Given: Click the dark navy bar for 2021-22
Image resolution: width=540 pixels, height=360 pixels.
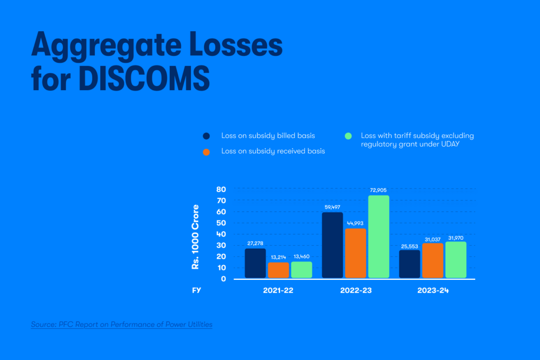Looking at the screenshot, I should [255, 263].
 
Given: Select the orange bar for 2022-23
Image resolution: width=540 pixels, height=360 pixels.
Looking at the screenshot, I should [355, 253].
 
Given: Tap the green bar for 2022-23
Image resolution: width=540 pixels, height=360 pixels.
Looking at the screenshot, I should [379, 237].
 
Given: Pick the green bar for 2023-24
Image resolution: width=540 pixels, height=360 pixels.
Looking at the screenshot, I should [456, 260].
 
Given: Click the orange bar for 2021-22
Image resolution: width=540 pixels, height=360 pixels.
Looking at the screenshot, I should [278, 270].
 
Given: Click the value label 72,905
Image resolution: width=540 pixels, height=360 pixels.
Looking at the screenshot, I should [379, 190].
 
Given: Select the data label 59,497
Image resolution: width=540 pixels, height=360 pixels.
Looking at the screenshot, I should [332, 207].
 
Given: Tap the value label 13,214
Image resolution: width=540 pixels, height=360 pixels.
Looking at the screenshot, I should [278, 257].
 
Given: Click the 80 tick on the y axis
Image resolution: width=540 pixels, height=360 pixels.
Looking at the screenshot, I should [221, 189].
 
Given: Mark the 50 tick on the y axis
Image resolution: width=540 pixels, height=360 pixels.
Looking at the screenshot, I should [221, 223].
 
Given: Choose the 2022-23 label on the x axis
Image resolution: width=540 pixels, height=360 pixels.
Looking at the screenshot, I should [355, 291].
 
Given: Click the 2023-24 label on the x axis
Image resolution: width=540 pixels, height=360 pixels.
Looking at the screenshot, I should [432, 291].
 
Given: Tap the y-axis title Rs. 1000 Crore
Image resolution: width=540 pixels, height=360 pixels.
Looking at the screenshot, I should [196, 237].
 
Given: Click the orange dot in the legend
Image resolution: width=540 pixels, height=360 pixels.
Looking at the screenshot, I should [206, 152].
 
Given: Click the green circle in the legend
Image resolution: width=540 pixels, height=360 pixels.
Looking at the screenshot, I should [348, 136].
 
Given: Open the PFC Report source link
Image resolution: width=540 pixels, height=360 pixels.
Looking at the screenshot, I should [121, 324].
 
